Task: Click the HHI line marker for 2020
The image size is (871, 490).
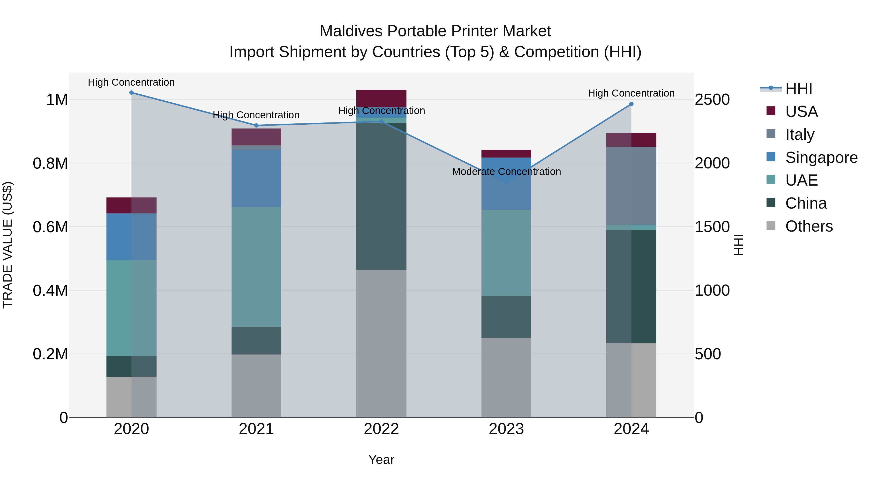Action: [132, 93]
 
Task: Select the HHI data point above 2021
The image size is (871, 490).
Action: [256, 125]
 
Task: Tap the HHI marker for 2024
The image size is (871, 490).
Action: [631, 104]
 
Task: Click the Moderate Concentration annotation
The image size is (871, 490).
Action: [506, 172]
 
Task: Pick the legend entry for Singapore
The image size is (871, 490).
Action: [821, 158]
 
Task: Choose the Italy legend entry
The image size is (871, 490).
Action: [799, 135]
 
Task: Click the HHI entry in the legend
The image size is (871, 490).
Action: [798, 89]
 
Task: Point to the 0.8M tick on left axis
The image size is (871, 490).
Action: [50, 163]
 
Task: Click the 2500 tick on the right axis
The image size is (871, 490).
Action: [712, 100]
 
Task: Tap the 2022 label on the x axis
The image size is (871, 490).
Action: [381, 429]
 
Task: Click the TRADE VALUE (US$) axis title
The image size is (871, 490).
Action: [8, 245]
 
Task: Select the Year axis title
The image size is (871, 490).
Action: [381, 460]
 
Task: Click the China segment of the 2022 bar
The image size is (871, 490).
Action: [381, 196]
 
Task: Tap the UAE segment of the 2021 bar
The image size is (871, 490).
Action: [256, 267]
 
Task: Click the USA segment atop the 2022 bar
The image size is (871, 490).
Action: [381, 98]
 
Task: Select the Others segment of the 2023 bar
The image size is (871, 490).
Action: [506, 377]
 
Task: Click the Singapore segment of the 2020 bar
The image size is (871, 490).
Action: [132, 237]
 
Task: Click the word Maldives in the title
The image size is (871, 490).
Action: [351, 31]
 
